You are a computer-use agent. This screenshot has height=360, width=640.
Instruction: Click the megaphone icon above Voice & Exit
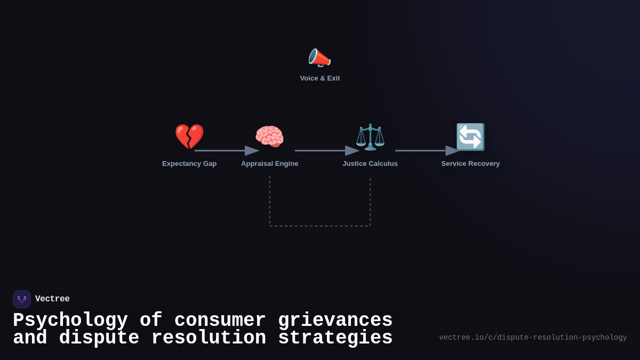pos(319,58)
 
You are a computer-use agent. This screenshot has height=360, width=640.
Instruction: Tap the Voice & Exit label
pos(320,78)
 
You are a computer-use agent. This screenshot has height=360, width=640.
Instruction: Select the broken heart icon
pos(189,137)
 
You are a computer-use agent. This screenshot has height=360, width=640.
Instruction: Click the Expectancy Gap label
pos(189,164)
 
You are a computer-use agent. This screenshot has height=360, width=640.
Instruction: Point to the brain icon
pos(269,137)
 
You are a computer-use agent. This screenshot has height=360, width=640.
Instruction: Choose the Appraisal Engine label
pos(269,164)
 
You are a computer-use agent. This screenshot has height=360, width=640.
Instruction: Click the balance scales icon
pos(370,137)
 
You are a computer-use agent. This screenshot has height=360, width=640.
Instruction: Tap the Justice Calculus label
pos(370,164)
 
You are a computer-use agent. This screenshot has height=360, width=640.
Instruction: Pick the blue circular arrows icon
pos(470,137)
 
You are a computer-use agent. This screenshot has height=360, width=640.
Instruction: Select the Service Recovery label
pos(470,164)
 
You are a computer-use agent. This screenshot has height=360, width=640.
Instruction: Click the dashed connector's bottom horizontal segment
pos(320,226)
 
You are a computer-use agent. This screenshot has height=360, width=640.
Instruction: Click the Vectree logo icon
pos(22,299)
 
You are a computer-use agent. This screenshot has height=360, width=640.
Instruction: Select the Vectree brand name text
pos(52,299)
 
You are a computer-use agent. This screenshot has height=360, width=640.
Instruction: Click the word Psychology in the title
pos(70,321)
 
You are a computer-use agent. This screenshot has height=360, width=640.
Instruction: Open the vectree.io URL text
pos(533,338)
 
